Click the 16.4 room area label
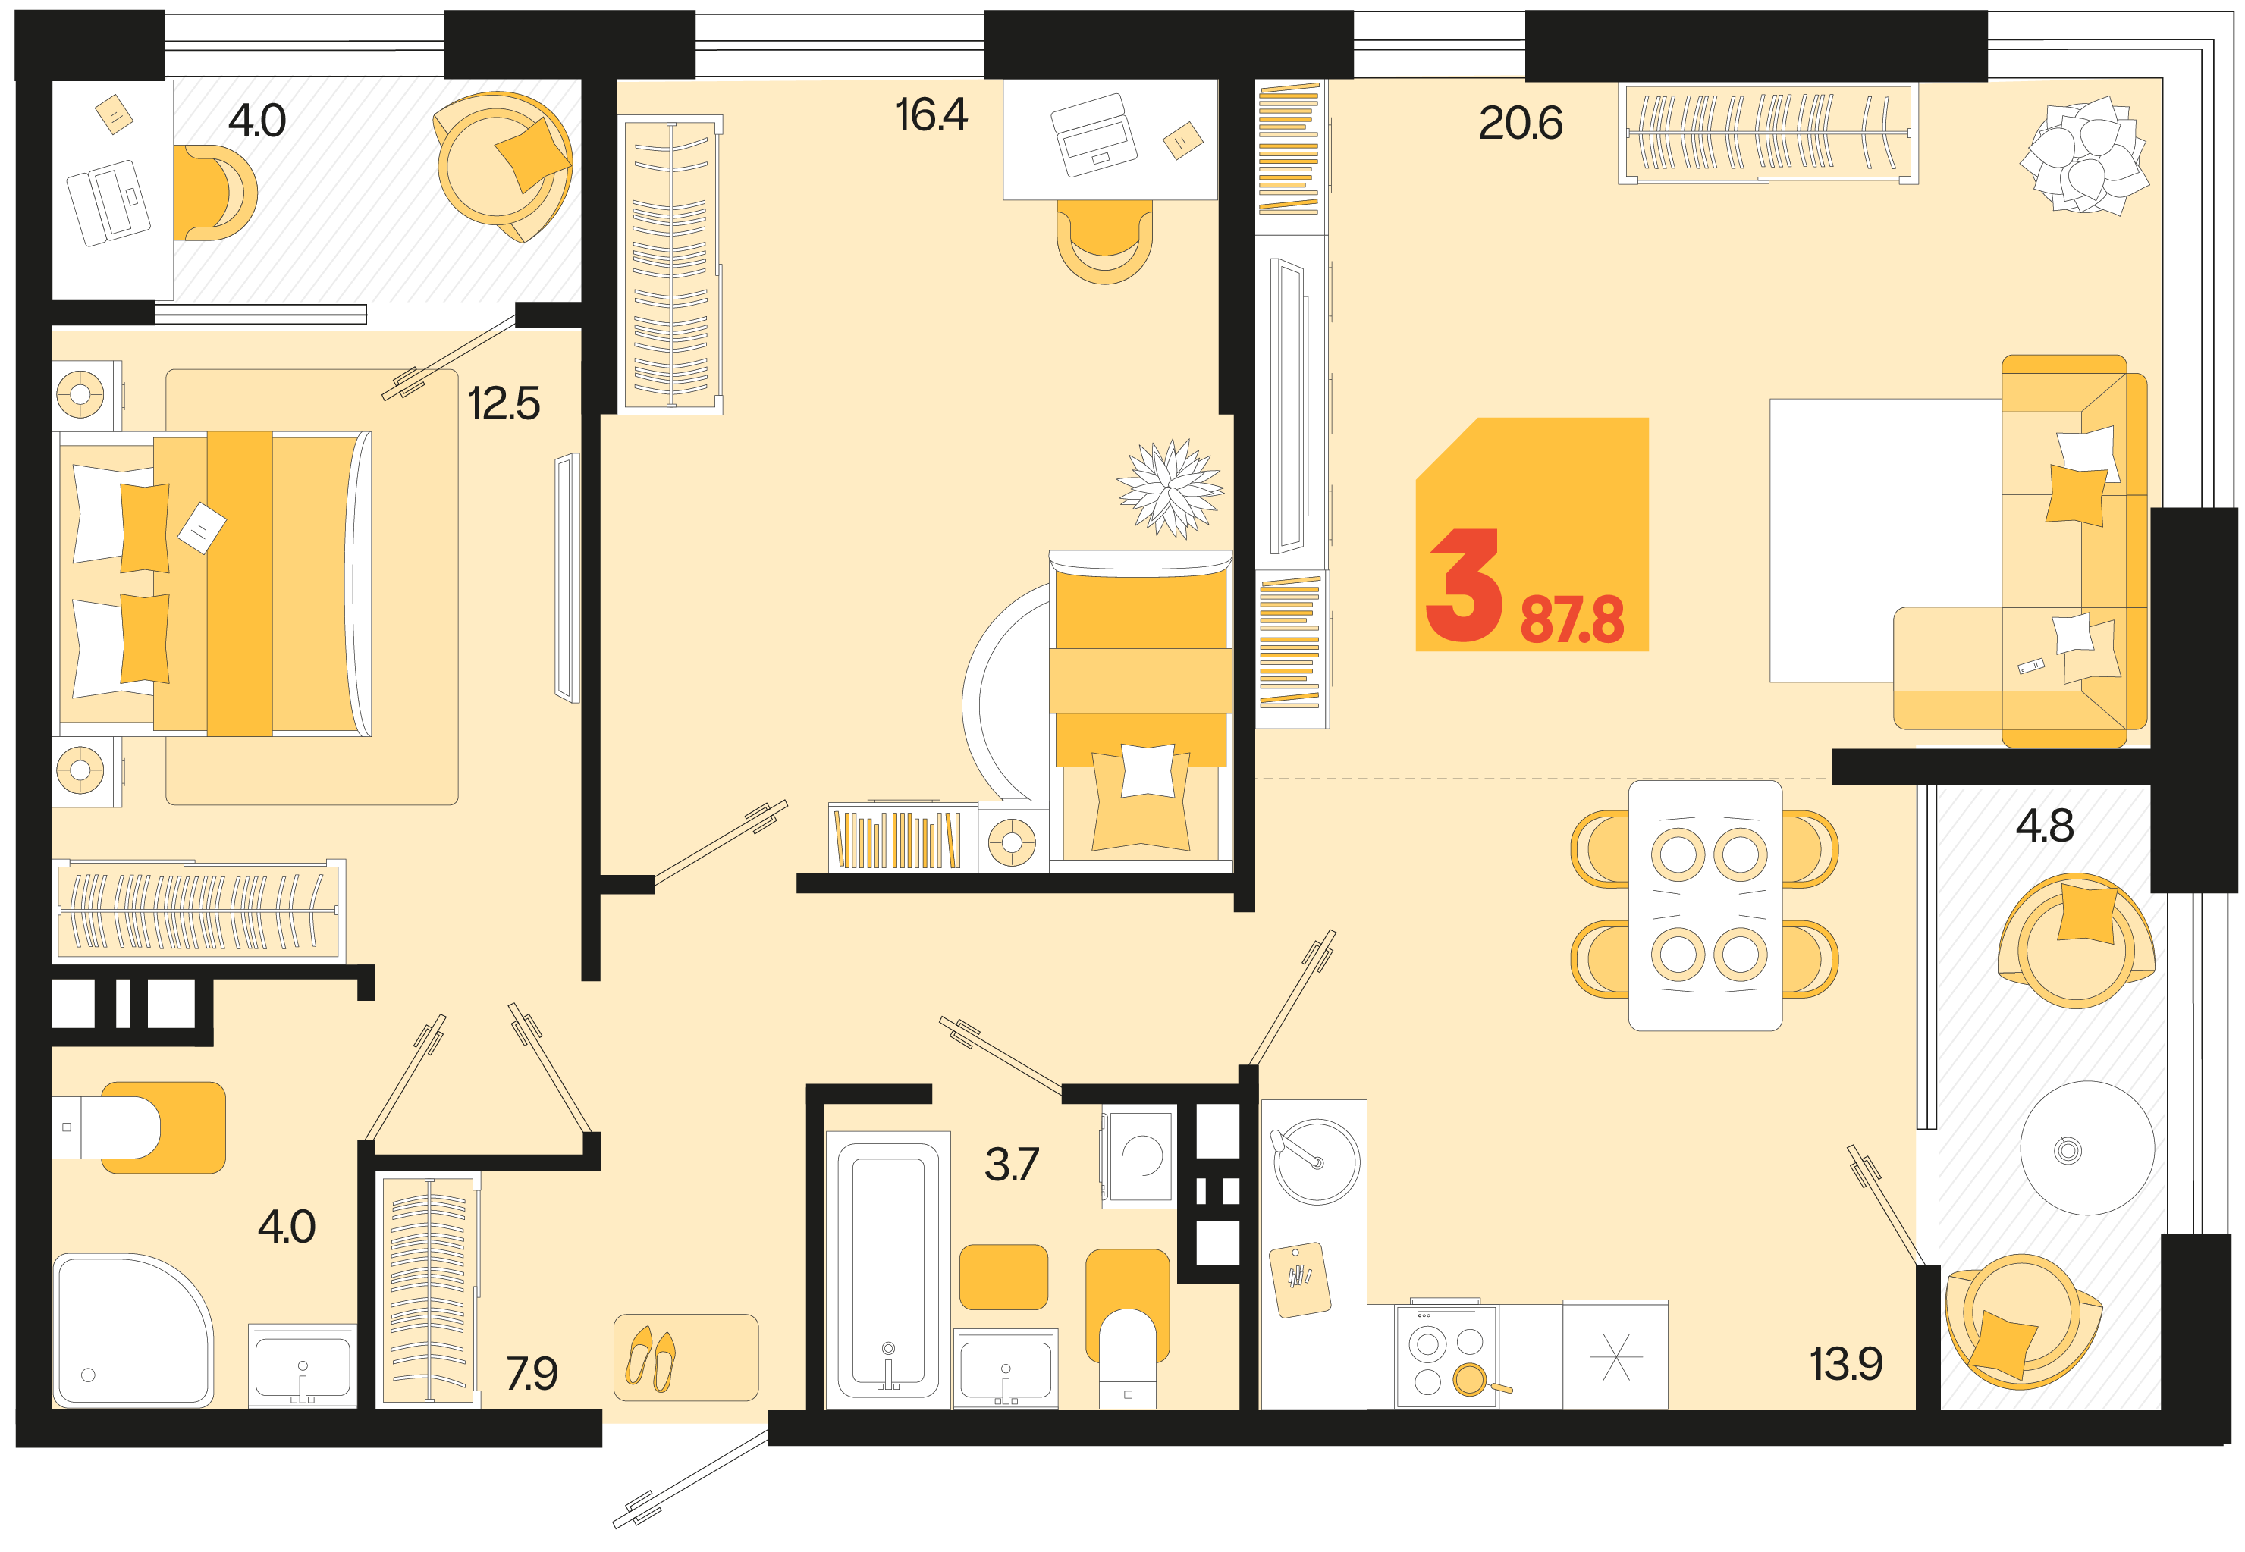930,114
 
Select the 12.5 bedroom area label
503,403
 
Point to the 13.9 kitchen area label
1845,1363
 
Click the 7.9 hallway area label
531,1373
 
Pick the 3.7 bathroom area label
1011,1164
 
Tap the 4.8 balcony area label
2044,826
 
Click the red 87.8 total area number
1572,619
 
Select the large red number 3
1463,585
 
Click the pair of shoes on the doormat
651,1359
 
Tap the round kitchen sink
1316,1161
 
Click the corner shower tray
132,1331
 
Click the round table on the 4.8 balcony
2086,1149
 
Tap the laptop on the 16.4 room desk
1094,135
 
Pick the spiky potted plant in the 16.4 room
1170,488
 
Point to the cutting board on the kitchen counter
1299,1280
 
